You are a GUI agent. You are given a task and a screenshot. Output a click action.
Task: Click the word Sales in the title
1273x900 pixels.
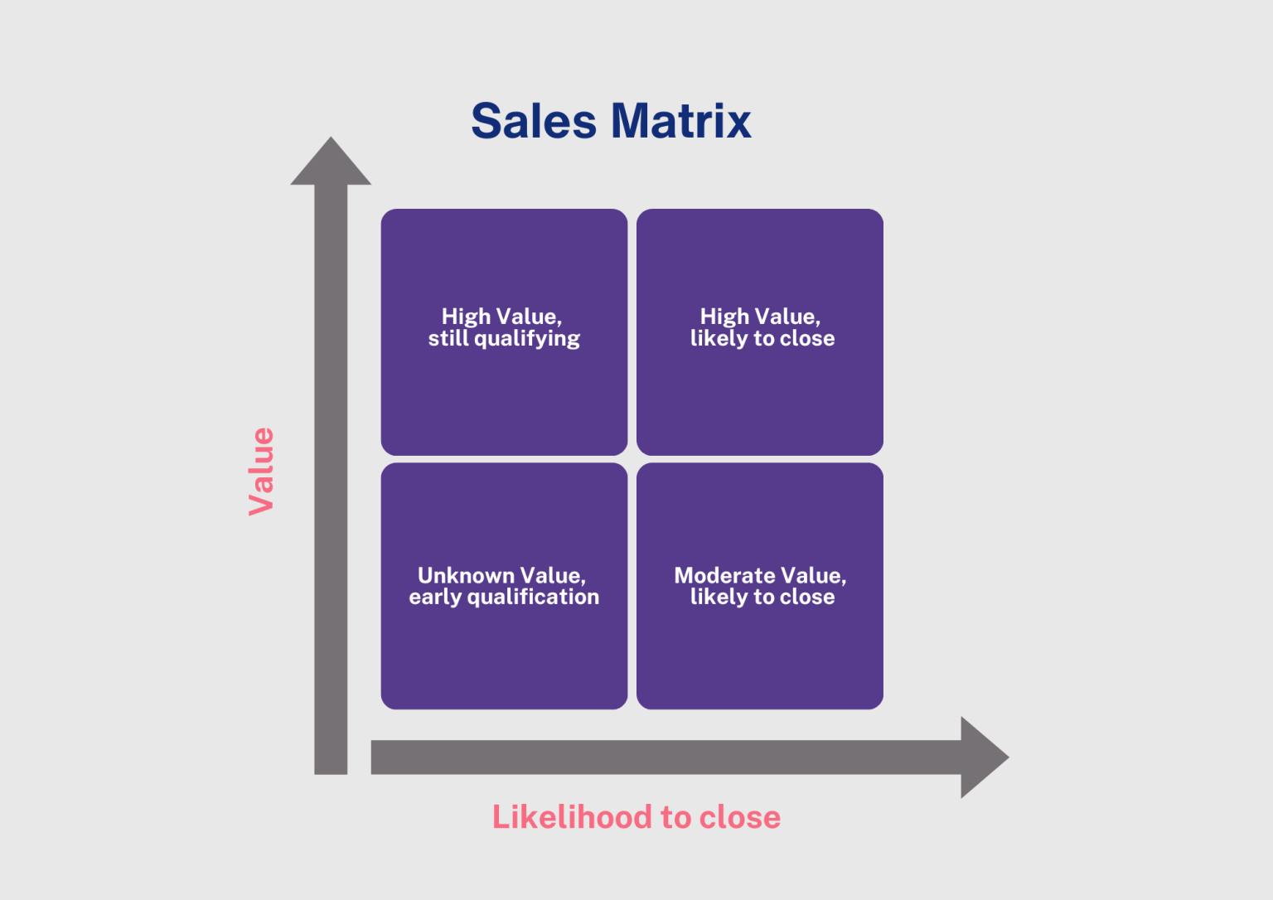(533, 122)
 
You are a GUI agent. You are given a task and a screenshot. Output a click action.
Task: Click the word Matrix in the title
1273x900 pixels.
(680, 122)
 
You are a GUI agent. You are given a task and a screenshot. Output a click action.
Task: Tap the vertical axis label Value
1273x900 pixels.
(261, 471)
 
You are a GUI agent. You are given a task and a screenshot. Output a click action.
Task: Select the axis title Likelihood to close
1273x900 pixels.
(636, 817)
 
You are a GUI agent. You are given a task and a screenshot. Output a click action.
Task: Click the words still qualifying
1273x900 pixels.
(504, 339)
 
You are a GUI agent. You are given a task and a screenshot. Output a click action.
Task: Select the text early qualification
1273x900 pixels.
(504, 598)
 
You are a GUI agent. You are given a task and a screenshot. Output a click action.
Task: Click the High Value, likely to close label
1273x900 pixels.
(761, 327)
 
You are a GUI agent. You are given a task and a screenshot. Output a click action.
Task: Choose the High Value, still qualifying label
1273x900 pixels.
(504, 327)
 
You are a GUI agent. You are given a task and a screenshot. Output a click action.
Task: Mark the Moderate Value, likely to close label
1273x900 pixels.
(761, 586)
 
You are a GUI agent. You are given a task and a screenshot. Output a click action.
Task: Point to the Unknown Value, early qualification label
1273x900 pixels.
(504, 586)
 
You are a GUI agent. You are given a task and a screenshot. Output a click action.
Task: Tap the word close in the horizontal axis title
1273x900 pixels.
(739, 817)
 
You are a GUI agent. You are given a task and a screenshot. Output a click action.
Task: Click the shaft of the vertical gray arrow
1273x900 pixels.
(331, 481)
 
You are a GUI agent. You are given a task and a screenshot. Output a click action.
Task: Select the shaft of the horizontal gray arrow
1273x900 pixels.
(663, 757)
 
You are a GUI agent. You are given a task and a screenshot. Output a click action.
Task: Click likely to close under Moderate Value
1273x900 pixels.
(762, 598)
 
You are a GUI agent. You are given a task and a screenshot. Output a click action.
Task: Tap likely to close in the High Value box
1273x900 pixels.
(762, 339)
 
